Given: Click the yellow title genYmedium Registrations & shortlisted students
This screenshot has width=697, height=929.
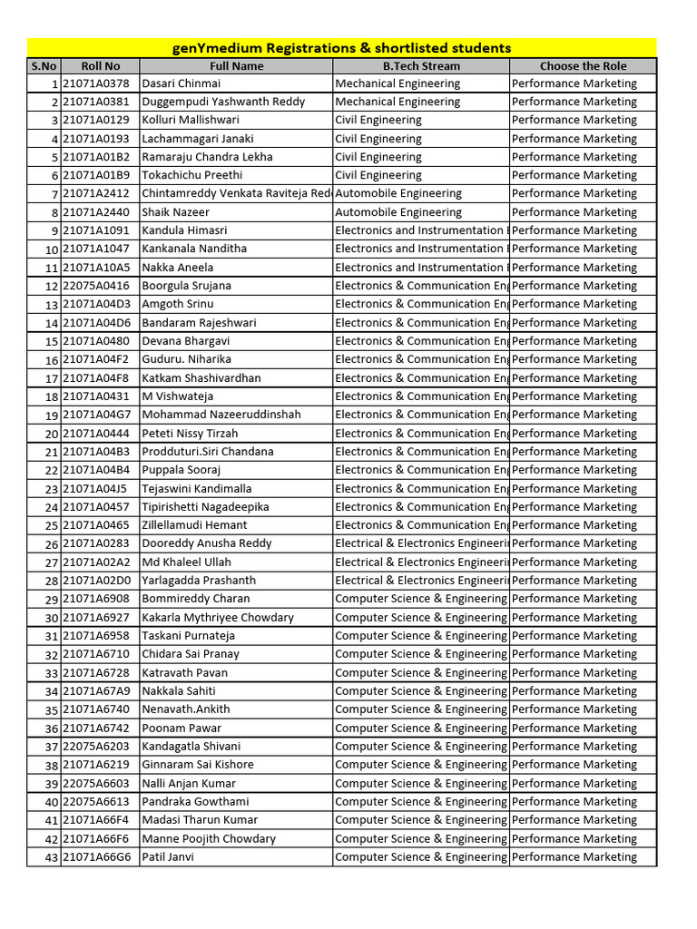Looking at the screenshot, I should [x=341, y=48].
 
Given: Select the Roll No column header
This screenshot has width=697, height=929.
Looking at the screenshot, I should [x=100, y=66].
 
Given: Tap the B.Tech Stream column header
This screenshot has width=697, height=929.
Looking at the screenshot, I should [x=420, y=66].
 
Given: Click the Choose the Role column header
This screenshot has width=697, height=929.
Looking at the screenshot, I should [x=583, y=66].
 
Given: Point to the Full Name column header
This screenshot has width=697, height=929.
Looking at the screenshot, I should [x=236, y=66].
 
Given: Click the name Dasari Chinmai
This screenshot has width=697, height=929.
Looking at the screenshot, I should [x=182, y=83].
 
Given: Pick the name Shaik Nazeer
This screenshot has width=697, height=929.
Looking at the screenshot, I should [x=175, y=212].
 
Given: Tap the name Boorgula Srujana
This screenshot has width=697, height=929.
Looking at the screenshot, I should [x=187, y=286].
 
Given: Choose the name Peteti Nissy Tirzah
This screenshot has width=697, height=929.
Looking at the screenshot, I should [x=191, y=434].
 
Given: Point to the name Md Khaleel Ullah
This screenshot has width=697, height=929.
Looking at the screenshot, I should [x=187, y=562].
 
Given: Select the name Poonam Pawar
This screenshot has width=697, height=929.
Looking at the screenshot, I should [x=182, y=728].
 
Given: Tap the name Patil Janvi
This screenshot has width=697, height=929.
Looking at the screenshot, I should [x=168, y=856].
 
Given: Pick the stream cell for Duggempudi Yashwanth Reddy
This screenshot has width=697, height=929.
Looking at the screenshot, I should [x=398, y=102].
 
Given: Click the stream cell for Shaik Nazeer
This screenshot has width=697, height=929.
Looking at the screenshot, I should [x=398, y=212].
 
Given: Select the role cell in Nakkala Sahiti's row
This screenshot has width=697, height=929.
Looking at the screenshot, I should [x=574, y=691].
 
